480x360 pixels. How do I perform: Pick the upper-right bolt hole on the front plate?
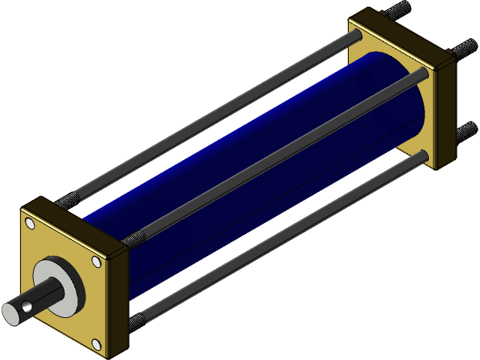point(96,262)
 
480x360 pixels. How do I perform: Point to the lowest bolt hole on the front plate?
point(97,344)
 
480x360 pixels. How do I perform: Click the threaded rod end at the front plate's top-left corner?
point(67,200)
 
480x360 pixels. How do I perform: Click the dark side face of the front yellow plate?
point(120,300)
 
